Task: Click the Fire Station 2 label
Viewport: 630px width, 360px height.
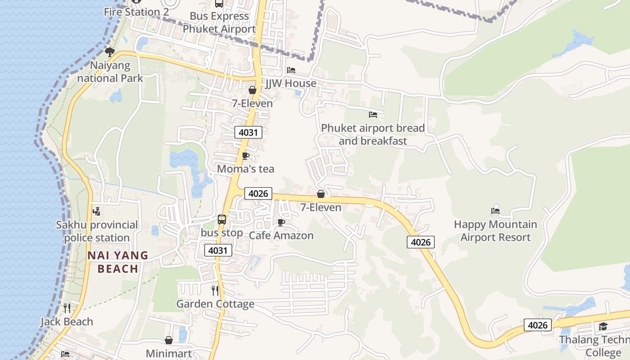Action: [136, 12]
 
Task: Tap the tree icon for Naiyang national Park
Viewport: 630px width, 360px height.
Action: [110, 52]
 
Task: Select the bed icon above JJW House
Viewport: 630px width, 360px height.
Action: [291, 70]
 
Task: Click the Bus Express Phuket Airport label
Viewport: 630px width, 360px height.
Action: [219, 22]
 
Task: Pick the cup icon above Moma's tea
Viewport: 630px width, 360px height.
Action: [245, 156]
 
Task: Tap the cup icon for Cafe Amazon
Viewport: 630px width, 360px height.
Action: [281, 222]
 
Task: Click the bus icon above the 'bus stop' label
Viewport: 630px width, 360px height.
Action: [222, 219]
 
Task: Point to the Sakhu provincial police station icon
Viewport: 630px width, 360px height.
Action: [96, 211]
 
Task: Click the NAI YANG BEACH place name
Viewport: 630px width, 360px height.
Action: [118, 262]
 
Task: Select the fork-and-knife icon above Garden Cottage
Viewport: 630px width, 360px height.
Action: [215, 290]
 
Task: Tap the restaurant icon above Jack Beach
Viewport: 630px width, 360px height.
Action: [67, 308]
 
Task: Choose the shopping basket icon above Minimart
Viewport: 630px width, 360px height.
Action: [169, 340]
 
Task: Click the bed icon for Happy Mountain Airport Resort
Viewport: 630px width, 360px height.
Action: [495, 211]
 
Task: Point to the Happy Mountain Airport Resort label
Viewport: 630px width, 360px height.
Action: [495, 231]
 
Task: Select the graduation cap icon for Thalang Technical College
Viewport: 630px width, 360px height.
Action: [603, 326]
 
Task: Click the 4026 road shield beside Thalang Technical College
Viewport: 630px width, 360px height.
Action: [538, 325]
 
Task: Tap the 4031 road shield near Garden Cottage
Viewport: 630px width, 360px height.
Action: [218, 250]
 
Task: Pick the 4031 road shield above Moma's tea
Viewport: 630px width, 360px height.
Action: [248, 132]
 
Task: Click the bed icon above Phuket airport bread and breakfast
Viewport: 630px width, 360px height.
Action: [373, 115]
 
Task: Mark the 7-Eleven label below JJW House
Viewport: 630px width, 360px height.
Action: [252, 103]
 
